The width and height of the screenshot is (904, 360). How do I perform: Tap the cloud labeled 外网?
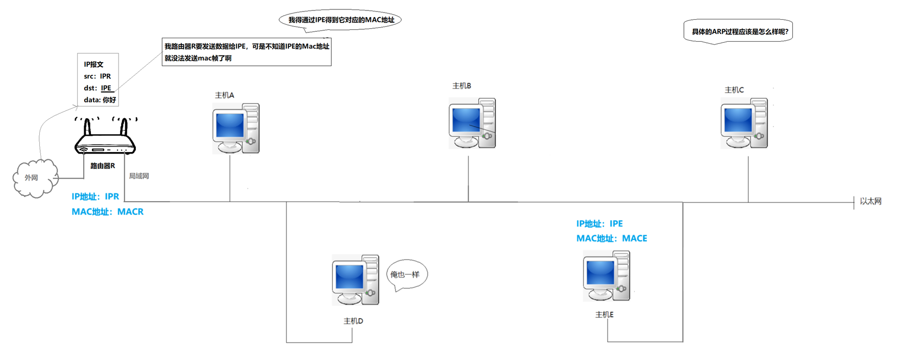[34, 178]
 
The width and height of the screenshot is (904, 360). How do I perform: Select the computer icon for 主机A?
[236, 129]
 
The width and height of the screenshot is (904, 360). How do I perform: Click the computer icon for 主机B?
[472, 123]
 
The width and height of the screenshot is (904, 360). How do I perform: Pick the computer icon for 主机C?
[744, 123]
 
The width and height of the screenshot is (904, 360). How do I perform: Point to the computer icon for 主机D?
[355, 280]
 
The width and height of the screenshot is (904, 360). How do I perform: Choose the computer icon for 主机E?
[606, 276]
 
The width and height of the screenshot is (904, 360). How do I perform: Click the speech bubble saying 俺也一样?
[406, 274]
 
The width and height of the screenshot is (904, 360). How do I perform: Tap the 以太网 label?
[871, 201]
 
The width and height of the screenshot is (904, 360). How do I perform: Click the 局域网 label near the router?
[139, 176]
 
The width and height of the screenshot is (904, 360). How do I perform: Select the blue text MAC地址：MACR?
[108, 212]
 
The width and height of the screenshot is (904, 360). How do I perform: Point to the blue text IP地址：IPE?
[599, 224]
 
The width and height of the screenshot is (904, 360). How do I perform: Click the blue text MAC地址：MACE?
[611, 238]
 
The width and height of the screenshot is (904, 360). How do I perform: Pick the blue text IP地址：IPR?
[95, 196]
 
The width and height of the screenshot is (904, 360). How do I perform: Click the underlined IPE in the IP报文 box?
[106, 88]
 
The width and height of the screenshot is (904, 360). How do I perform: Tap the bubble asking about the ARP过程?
[739, 31]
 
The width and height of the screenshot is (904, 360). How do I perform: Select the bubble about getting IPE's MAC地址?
[341, 20]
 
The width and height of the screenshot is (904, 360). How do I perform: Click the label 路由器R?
[102, 166]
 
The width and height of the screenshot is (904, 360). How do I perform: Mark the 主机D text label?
[353, 321]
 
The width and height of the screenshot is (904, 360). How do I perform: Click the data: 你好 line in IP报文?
[100, 100]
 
